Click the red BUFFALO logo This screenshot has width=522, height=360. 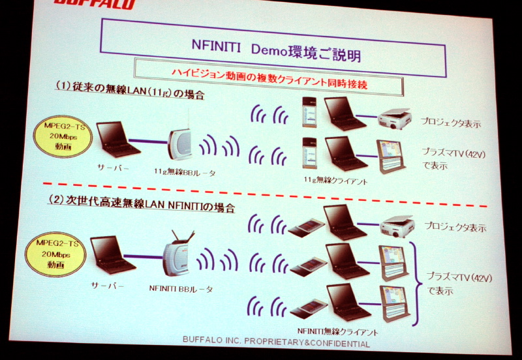coord(95,4)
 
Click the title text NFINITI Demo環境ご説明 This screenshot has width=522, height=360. coord(276,50)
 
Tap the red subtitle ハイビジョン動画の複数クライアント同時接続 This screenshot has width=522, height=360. coord(269,79)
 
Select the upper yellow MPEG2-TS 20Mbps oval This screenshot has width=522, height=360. coord(63,136)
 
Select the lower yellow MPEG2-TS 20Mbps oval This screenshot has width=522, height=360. coord(55,254)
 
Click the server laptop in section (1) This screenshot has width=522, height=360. coord(117,139)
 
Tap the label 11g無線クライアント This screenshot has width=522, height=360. coord(335,181)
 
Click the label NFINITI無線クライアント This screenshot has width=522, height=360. coord(337,331)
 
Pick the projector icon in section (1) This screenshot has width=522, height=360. coord(395,119)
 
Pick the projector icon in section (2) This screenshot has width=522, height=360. coord(397,226)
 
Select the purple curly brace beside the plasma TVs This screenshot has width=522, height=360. coord(416,284)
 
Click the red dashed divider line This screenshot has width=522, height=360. coord(265,194)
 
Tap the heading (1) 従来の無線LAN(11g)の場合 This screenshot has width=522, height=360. coord(129,90)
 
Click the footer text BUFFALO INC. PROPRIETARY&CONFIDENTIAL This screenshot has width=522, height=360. coord(276,342)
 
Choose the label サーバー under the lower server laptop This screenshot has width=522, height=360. coord(107,285)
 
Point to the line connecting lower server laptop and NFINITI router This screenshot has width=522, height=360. coord(144,257)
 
